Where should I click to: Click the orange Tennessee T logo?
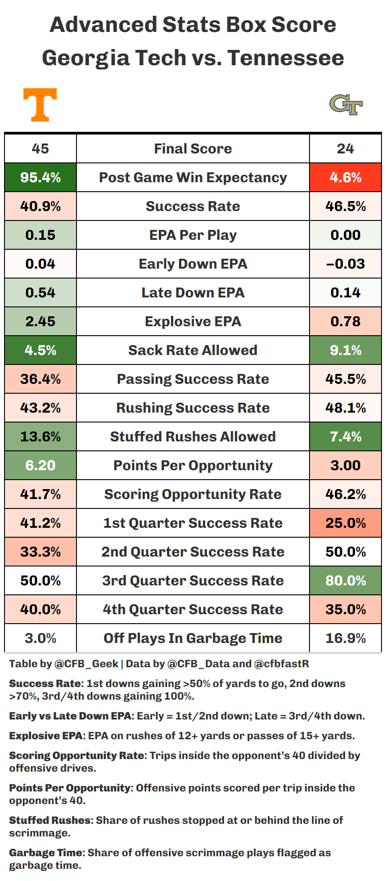click(x=40, y=105)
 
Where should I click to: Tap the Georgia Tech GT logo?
click(x=346, y=105)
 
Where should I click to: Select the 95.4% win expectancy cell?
click(x=40, y=178)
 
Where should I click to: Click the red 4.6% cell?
click(x=346, y=178)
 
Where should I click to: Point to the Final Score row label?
click(x=193, y=149)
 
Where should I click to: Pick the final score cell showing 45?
click(x=40, y=149)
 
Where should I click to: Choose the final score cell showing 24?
click(x=346, y=149)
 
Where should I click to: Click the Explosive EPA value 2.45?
click(x=40, y=322)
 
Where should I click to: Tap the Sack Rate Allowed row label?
click(x=193, y=351)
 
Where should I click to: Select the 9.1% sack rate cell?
click(x=346, y=351)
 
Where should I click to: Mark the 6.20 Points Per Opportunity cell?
click(x=40, y=466)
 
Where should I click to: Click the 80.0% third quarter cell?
click(x=346, y=581)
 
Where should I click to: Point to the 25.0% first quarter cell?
click(x=346, y=523)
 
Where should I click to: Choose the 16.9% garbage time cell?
click(x=346, y=638)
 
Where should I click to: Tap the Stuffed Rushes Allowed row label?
click(x=193, y=437)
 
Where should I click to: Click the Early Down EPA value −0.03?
click(x=346, y=264)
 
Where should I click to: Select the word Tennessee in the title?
click(x=286, y=58)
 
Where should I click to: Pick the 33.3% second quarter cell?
click(x=40, y=552)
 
